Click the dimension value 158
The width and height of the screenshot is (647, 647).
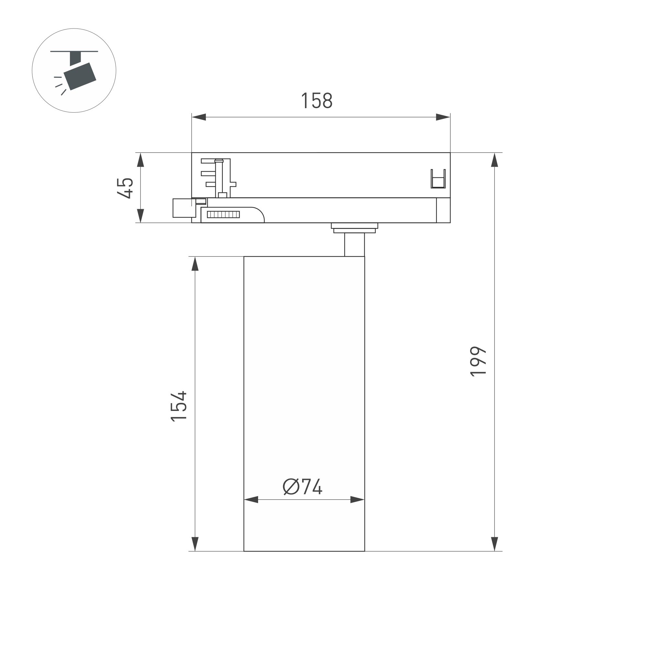316,100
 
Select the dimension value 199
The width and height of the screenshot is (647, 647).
478,362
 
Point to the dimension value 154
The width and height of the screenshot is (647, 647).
178,405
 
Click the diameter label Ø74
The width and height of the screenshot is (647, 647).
302,487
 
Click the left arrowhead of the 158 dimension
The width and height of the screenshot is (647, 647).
199,117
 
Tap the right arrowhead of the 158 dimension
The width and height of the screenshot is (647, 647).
443,117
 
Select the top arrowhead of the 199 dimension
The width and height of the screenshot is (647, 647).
494,160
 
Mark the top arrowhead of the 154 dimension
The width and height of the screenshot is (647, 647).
195,264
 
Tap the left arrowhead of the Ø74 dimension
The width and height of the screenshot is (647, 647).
252,500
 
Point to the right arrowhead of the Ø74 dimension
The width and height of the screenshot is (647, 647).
357,500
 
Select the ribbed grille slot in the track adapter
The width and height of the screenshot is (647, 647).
223,214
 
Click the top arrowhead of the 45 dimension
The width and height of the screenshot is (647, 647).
141,160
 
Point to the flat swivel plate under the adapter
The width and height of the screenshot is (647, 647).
354,228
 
